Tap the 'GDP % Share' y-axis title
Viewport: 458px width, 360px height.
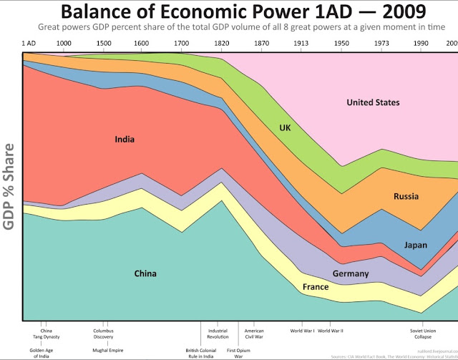[x=9, y=186]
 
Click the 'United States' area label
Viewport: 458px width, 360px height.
[x=373, y=102]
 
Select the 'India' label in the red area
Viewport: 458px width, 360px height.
[x=125, y=140]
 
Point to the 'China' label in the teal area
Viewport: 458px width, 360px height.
[x=145, y=273]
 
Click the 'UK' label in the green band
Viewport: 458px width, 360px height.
[x=286, y=128]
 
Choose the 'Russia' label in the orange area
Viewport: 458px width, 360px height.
[x=406, y=196]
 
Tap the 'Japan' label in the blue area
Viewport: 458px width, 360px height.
[x=415, y=245]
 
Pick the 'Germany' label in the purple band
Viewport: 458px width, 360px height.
[x=351, y=273]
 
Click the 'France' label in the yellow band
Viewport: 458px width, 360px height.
[x=316, y=287]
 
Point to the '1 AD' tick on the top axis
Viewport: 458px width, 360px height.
[x=29, y=44]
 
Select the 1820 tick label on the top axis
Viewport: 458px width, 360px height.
[x=221, y=44]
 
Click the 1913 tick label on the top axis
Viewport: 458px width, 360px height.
[x=301, y=44]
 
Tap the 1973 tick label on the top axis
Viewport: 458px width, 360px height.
[x=384, y=44]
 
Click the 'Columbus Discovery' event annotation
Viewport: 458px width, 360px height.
[x=103, y=334]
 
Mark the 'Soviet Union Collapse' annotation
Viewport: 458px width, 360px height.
[x=422, y=334]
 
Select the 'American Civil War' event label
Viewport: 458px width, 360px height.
[x=254, y=334]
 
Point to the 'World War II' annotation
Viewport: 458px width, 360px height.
[x=331, y=331]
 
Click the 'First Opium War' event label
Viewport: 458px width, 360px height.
[x=238, y=352]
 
